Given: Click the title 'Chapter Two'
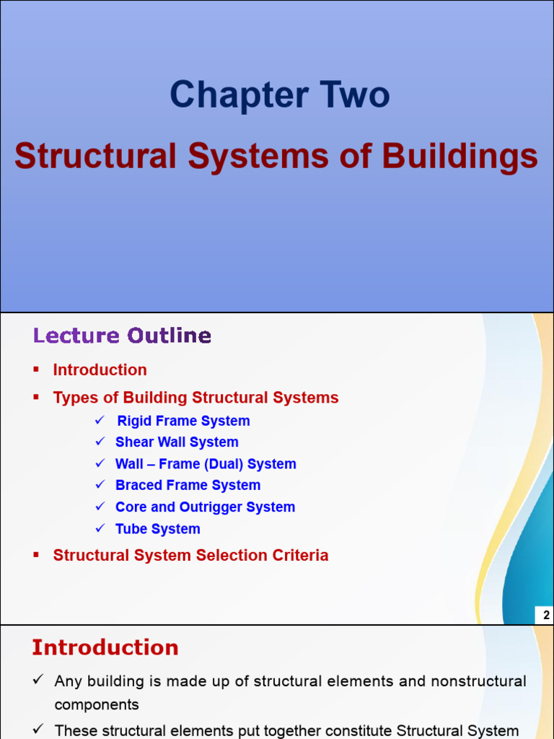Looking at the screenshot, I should pyautogui.click(x=280, y=95).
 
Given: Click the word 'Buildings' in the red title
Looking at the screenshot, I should pyautogui.click(x=460, y=157).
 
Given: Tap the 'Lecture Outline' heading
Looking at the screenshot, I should pyautogui.click(x=122, y=336).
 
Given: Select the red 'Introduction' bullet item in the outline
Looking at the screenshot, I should pyautogui.click(x=100, y=370).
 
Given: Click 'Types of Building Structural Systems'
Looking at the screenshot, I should pyautogui.click(x=195, y=398).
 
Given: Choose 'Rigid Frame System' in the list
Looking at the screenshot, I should pyautogui.click(x=183, y=421).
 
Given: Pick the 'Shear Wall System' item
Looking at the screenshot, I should pyautogui.click(x=177, y=442).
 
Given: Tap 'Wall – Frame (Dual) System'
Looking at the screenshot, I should pyautogui.click(x=206, y=464).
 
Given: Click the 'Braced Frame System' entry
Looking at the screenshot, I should pyautogui.click(x=188, y=486).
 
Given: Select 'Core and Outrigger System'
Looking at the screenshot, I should pyautogui.click(x=205, y=507).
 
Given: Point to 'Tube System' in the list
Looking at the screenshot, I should pyautogui.click(x=157, y=529).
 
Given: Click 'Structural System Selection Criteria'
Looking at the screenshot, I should pyautogui.click(x=190, y=556).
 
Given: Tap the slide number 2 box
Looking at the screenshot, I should pyautogui.click(x=545, y=616).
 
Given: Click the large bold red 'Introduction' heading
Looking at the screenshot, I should pyautogui.click(x=105, y=648).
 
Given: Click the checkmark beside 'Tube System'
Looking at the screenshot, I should pyautogui.click(x=100, y=529).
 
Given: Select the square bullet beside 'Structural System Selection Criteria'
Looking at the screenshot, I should pyautogui.click(x=36, y=555).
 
